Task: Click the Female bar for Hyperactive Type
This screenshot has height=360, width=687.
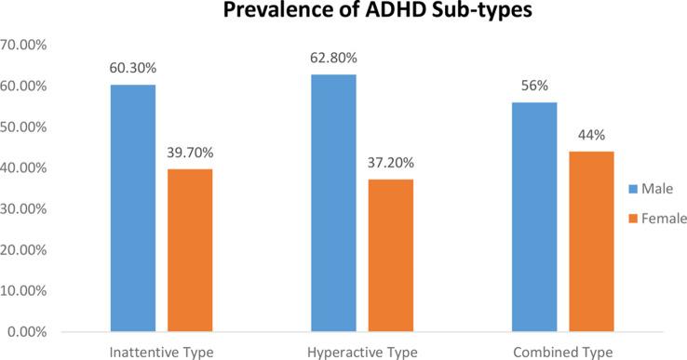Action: pyautogui.click(x=390, y=255)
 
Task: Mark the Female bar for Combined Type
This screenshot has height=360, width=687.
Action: pyautogui.click(x=591, y=241)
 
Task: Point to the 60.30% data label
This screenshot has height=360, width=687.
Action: pyautogui.click(x=133, y=68)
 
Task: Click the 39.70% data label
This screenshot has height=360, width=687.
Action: pyautogui.click(x=190, y=152)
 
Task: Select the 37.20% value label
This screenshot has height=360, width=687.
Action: pyautogui.click(x=390, y=163)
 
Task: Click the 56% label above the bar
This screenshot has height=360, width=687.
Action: pyautogui.click(x=534, y=86)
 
